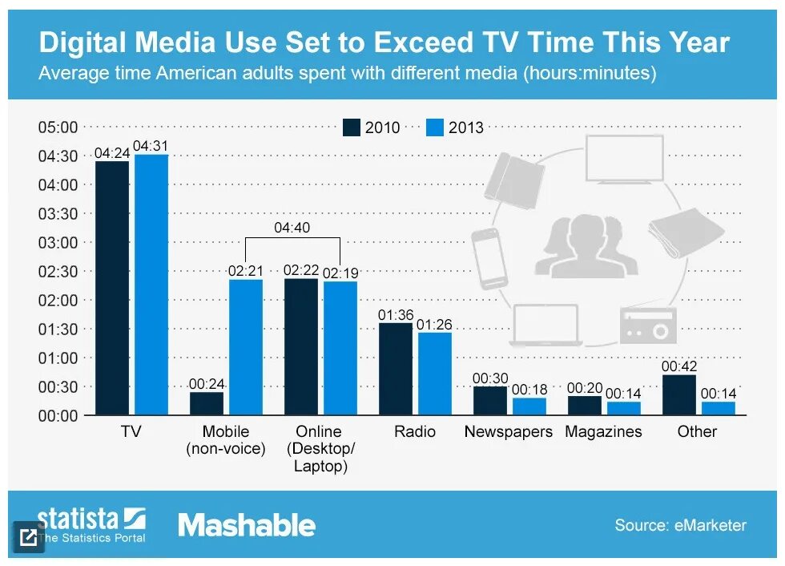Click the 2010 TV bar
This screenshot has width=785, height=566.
(111, 288)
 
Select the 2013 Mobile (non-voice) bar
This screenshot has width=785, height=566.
(245, 346)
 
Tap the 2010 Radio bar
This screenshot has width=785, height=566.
(395, 369)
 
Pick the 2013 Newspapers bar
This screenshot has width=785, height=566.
(529, 406)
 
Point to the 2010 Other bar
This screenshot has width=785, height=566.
(678, 394)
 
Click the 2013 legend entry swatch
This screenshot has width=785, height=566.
(435, 127)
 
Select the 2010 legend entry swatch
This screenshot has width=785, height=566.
(352, 127)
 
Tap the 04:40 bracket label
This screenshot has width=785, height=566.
(292, 228)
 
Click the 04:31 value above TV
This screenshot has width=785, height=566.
(151, 146)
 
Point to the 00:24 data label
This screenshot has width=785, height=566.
(206, 384)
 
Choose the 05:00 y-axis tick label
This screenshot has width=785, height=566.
(58, 127)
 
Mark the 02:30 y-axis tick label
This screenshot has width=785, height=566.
(58, 272)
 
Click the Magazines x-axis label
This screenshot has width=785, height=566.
(603, 431)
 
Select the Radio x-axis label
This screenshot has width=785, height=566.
(415, 431)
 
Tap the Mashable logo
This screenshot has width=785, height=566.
(247, 526)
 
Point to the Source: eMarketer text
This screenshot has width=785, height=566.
(680, 526)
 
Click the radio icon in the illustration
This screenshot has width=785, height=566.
(648, 325)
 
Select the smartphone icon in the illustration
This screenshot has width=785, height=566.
(489, 258)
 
